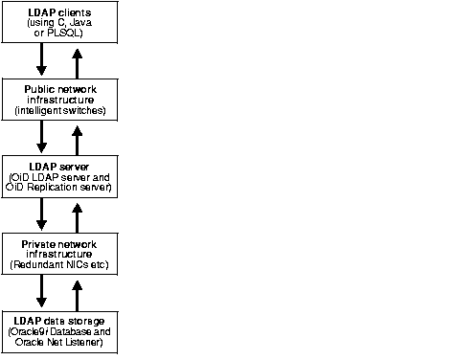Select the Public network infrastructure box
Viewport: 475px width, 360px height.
[x=58, y=100]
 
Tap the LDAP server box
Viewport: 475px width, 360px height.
[x=58, y=177]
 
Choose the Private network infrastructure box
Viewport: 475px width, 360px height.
[x=58, y=253]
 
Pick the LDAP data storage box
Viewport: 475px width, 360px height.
[x=58, y=329]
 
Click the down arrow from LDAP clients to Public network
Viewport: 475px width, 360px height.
[x=41, y=60]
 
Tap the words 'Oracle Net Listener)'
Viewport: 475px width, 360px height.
[x=59, y=340]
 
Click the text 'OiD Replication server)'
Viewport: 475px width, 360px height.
[x=59, y=187]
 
